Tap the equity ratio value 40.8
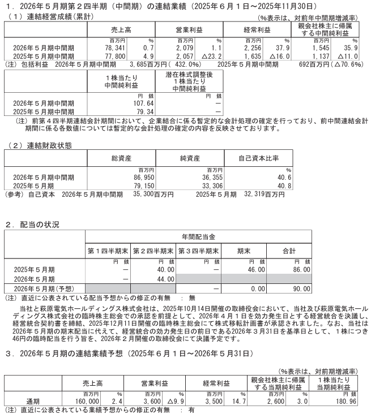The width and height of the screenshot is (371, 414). pyautogui.click(x=283, y=185)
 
